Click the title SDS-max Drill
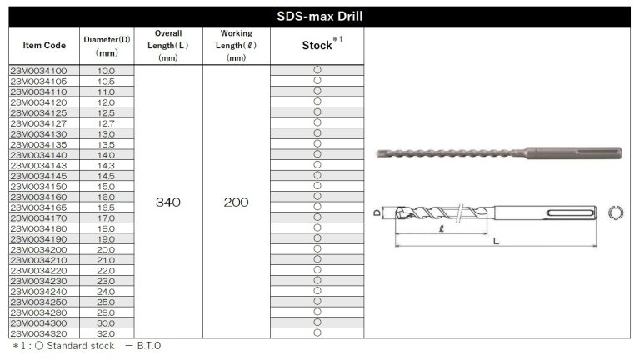pyautogui.click(x=319, y=16)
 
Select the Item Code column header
pyautogui.click(x=43, y=45)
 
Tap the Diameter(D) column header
pyautogui.click(x=107, y=45)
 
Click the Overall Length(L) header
pyautogui.click(x=168, y=45)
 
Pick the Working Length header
pyautogui.click(x=236, y=45)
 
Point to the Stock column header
pyautogui.click(x=317, y=46)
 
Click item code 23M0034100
pyautogui.click(x=43, y=72)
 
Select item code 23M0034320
pyautogui.click(x=43, y=332)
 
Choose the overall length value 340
pyautogui.click(x=168, y=202)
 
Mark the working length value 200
pyautogui.click(x=236, y=202)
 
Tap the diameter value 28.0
pyautogui.click(x=107, y=312)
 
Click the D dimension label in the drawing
pyautogui.click(x=377, y=212)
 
